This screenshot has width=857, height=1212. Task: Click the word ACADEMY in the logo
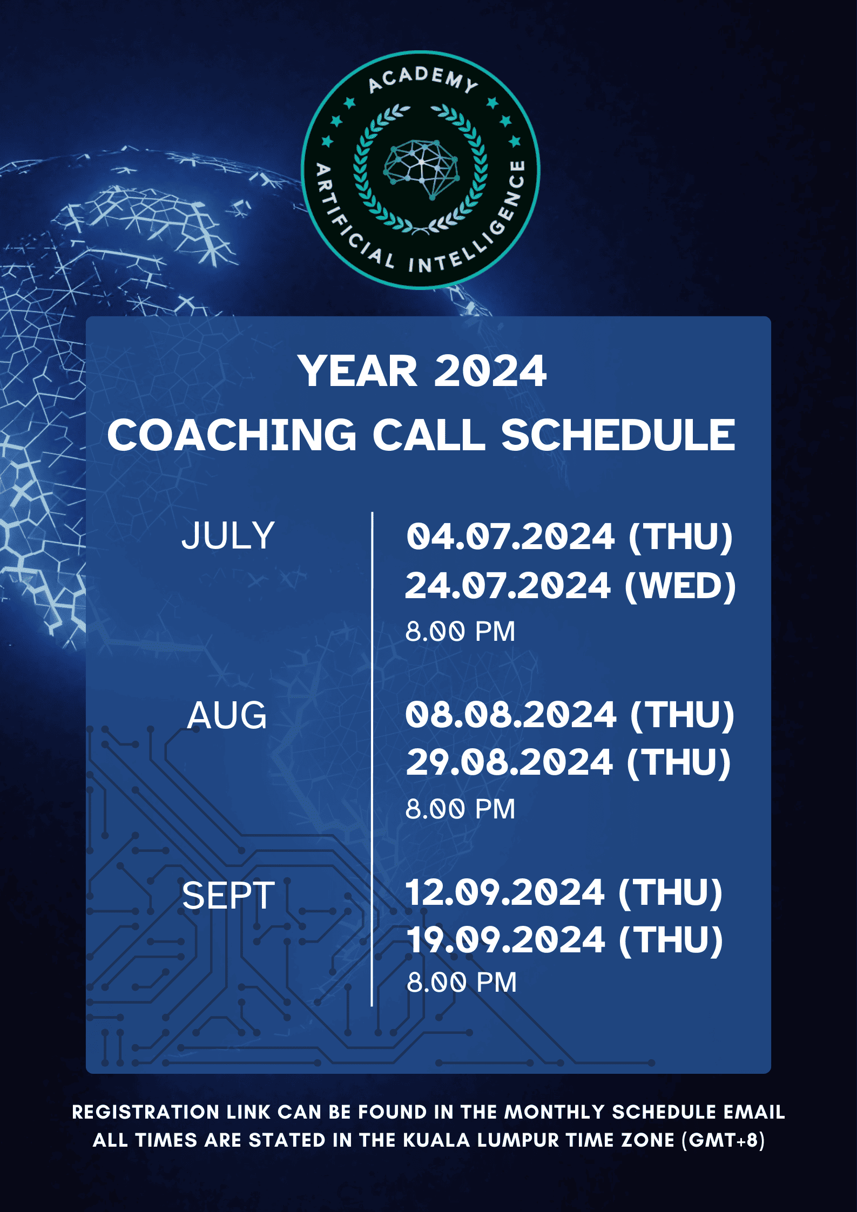[x=423, y=79]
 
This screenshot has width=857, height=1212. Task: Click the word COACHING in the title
[x=232, y=435]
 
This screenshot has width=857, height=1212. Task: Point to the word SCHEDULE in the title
[x=618, y=435]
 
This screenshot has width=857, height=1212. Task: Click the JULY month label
[x=228, y=536]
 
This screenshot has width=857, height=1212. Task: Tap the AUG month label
[x=227, y=715]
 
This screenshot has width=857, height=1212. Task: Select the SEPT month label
[x=228, y=896]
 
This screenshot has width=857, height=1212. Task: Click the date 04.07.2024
[x=510, y=537]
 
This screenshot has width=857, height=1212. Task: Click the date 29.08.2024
[x=509, y=762]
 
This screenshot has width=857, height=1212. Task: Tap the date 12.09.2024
[x=505, y=892]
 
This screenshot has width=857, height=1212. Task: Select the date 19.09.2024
[x=505, y=939]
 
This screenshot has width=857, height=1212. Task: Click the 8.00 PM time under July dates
[x=461, y=631]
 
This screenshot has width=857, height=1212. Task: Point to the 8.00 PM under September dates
[x=462, y=982]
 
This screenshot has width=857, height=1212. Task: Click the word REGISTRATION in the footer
[x=145, y=1112]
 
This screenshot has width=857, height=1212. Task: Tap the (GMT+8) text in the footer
[x=723, y=1140]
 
